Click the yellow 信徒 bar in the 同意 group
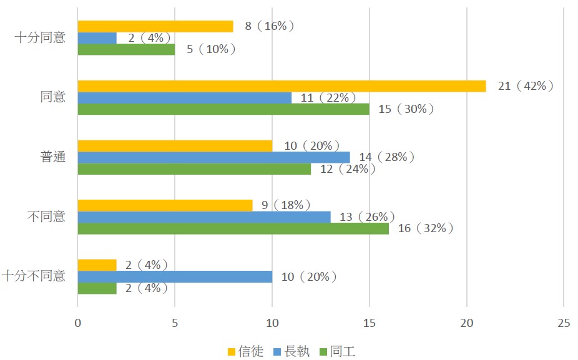click(x=281, y=86)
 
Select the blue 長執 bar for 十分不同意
click(x=175, y=276)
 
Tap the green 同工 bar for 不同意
click(x=233, y=228)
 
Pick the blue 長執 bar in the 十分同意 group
click(x=97, y=38)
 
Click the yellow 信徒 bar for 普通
click(x=175, y=145)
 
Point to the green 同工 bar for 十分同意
click(x=126, y=49)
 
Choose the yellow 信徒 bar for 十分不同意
click(x=97, y=265)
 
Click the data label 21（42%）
click(x=526, y=86)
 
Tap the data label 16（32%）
click(x=424, y=228)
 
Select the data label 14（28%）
click(x=386, y=157)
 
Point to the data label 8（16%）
click(x=269, y=26)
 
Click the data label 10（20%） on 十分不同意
click(x=308, y=276)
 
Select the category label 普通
click(x=52, y=157)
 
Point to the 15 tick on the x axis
click(x=369, y=323)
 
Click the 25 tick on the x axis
click(x=563, y=323)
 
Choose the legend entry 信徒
click(x=248, y=352)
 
